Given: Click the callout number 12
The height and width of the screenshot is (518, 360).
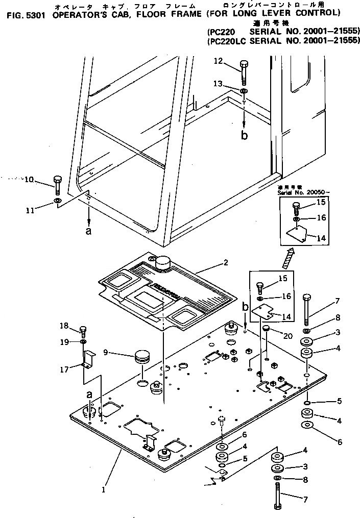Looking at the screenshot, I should pos(218,62).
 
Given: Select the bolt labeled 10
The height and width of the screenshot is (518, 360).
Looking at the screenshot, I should pos(57,185).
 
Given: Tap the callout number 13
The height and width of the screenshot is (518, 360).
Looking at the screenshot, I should pos(218,84).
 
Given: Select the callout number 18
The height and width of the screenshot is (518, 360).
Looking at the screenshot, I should pos(64,326).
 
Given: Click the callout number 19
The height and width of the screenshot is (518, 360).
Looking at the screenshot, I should pos(64,342).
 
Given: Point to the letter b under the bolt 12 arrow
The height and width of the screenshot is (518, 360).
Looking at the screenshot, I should pos(245,136).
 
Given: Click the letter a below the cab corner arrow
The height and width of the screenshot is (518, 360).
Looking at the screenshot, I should pos(89,231).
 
